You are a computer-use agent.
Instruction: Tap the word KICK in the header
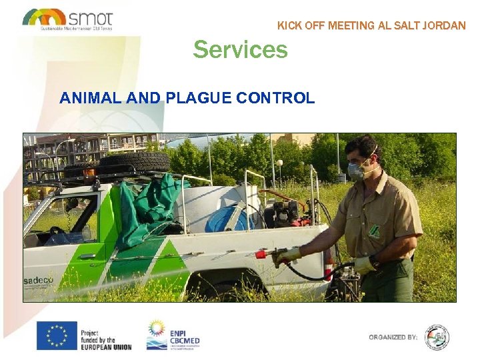(x=290, y=26)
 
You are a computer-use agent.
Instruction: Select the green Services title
(x=240, y=49)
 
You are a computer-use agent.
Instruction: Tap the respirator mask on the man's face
(x=357, y=171)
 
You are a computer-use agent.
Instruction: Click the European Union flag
(x=57, y=335)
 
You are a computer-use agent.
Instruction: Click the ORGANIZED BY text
(x=393, y=337)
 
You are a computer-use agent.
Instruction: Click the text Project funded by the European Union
(x=105, y=339)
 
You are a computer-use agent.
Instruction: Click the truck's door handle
(x=87, y=256)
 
